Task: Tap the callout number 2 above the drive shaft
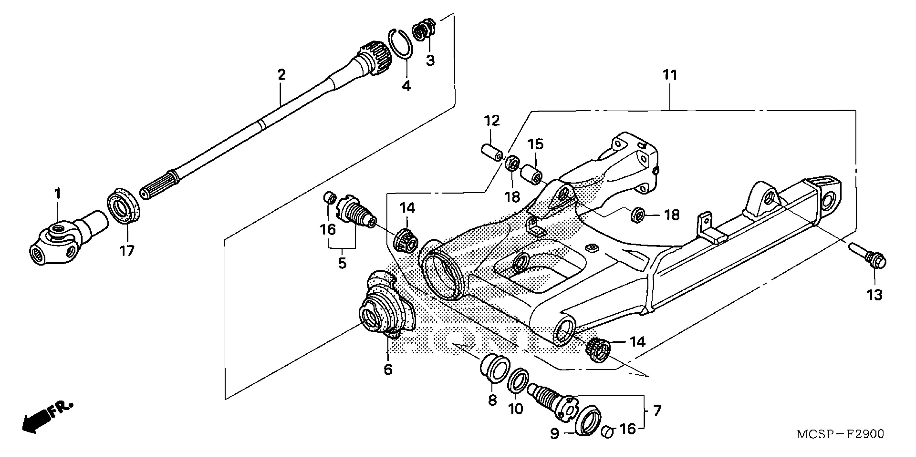[x=281, y=75]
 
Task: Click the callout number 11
[x=670, y=75]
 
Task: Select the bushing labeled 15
[x=532, y=174]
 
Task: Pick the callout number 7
[x=657, y=411]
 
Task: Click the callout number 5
[x=342, y=263]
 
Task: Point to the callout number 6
[x=388, y=370]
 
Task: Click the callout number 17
[x=127, y=251]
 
